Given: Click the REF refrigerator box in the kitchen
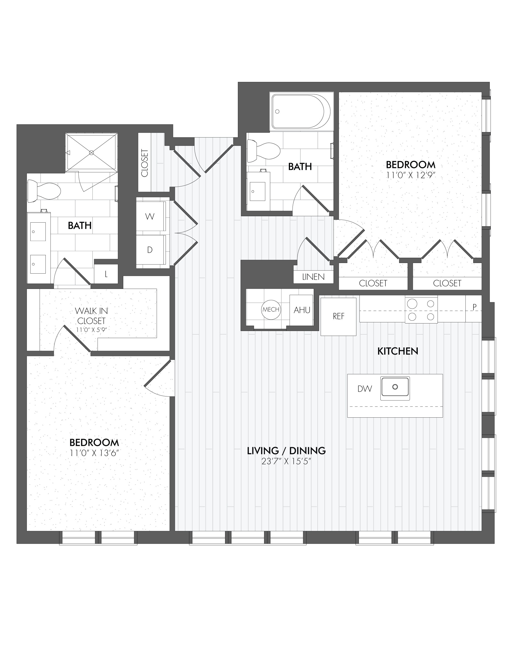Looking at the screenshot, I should pyautogui.click(x=338, y=317).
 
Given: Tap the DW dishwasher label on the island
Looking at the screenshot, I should pyautogui.click(x=364, y=389).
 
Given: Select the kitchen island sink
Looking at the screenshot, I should pyautogui.click(x=395, y=387).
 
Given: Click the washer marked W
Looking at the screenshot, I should pyautogui.click(x=150, y=217).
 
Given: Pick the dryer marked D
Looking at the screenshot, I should pyautogui.click(x=150, y=250).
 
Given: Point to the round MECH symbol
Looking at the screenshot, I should pyautogui.click(x=271, y=310).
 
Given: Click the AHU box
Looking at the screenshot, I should pyautogui.click(x=301, y=310).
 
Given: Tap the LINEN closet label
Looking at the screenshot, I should pyautogui.click(x=313, y=277).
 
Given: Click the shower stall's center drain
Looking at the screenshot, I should pyautogui.click(x=91, y=153).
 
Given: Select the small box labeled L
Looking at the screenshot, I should pyautogui.click(x=106, y=274).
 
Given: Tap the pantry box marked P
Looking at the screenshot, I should pyautogui.click(x=474, y=307).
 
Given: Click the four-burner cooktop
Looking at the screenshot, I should pyautogui.click(x=421, y=310).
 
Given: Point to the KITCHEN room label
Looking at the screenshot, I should pyautogui.click(x=398, y=351).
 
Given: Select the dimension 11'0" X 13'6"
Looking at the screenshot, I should pyautogui.click(x=94, y=453).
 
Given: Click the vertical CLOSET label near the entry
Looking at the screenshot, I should pyautogui.click(x=144, y=163).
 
